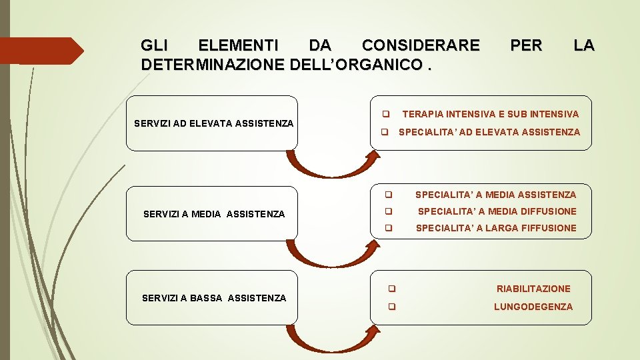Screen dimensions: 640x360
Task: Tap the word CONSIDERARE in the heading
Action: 420,45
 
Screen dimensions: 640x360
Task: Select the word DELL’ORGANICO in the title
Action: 357,65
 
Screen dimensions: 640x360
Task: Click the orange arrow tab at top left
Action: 40,51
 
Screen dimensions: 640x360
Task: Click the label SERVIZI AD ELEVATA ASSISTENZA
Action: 213,123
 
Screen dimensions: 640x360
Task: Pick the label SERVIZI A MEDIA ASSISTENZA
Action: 214,214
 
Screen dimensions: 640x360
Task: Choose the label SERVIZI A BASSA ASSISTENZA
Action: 214,298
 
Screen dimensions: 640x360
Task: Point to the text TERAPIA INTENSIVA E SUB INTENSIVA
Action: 491,115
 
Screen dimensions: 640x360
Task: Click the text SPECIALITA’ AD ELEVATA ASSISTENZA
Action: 489,132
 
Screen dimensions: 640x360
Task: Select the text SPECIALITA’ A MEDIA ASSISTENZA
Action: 495,195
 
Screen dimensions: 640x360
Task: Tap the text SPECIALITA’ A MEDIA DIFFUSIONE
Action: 497,211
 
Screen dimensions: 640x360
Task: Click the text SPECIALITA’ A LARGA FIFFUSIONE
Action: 496,228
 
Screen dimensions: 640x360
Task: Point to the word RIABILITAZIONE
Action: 533,289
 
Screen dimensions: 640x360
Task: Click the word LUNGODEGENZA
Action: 533,307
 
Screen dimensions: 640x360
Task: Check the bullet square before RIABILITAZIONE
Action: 392,289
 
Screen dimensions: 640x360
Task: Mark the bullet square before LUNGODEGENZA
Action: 392,307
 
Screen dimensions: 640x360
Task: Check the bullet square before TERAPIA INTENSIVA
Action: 385,115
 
